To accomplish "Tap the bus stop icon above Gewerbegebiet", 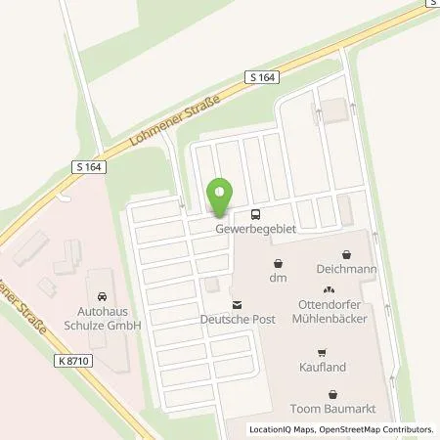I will coord(255,214).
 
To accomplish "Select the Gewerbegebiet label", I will coord(255,229).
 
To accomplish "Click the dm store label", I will coord(279,279).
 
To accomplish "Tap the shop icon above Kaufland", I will coord(320,353).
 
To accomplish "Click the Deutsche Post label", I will coord(236,320).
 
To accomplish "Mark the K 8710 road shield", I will coord(72,361).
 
